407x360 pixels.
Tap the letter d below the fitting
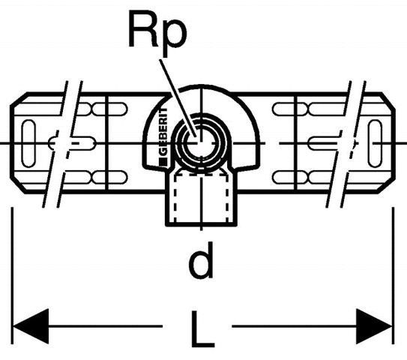coord(201,259)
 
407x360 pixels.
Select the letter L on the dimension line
coord(202,329)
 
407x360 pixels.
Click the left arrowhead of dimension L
coord(31,326)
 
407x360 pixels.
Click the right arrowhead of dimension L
coord(374,326)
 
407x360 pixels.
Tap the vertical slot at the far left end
coord(28,143)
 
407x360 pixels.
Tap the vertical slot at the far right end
coord(375,143)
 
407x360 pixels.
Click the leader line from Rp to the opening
coord(178,98)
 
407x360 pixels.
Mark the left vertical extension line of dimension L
coord(12,275)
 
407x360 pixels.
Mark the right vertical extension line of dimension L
coord(394,275)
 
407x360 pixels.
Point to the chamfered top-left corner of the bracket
coord(19,99)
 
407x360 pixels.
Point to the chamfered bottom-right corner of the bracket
coord(387,186)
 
